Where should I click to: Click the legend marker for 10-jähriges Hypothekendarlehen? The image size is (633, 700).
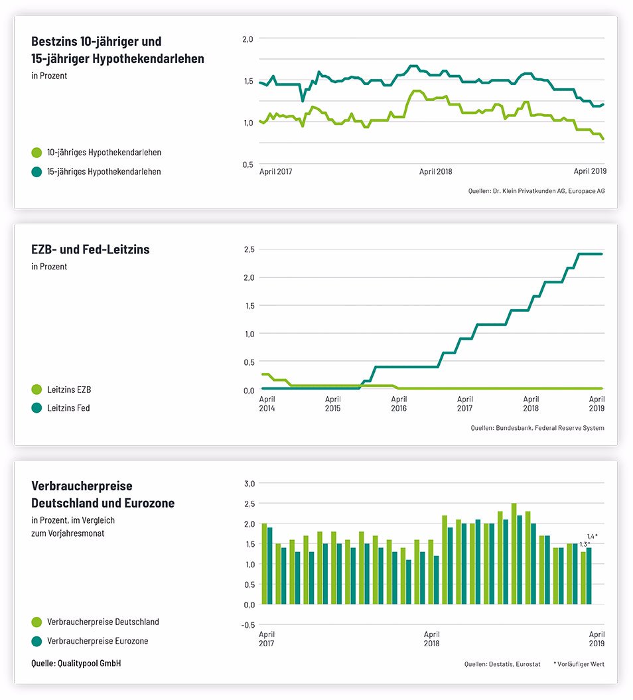(36, 153)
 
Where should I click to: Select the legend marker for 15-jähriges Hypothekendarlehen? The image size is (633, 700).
(36, 172)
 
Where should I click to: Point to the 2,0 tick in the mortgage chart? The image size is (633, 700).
(247, 39)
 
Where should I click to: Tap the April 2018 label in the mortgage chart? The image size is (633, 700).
(435, 171)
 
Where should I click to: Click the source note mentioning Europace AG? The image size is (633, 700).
(536, 191)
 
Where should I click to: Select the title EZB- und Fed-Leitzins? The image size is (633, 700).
(90, 249)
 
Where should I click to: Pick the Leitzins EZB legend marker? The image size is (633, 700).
(36, 389)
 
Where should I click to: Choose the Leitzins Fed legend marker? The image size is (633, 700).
(36, 408)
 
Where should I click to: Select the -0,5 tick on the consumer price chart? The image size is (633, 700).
(247, 624)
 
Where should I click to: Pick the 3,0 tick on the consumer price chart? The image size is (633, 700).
(249, 483)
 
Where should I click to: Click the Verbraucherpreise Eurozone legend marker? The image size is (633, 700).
(36, 641)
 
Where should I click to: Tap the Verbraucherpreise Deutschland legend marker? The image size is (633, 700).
(36, 622)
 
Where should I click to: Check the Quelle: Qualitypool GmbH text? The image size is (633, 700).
(76, 663)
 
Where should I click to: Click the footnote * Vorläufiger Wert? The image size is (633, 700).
(579, 664)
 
